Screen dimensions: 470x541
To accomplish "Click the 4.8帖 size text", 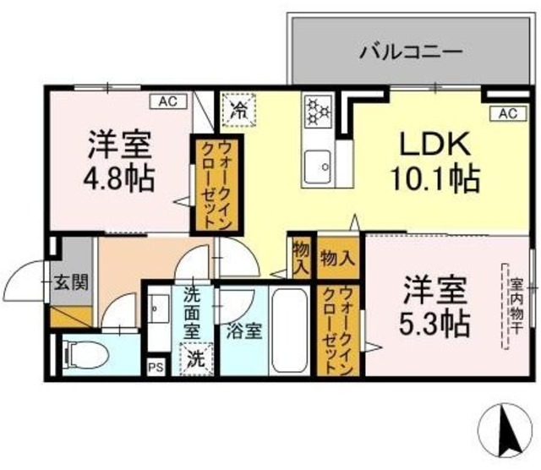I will tap(120, 179).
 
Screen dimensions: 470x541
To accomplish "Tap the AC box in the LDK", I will tap(505, 113).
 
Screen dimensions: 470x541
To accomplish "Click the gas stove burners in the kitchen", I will tap(320, 110).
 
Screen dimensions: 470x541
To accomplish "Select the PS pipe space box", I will tap(156, 367).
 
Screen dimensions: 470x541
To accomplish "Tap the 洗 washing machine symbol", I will tap(196, 358).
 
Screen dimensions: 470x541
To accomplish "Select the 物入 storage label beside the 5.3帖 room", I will tap(339, 259).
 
